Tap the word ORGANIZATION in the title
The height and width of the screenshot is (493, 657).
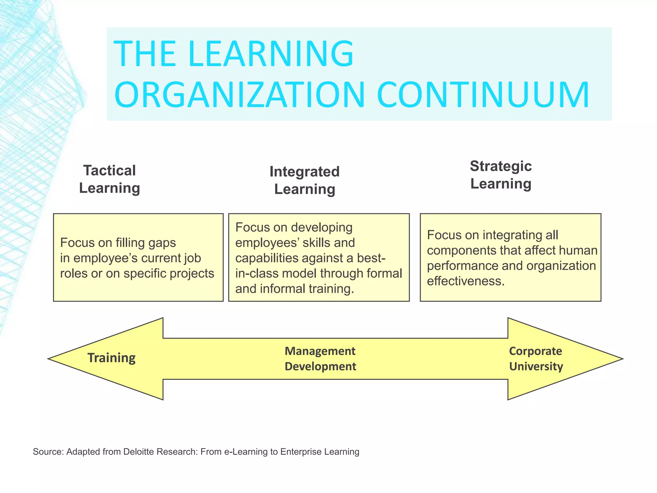coord(239,95)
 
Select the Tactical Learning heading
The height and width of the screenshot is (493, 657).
coord(109,179)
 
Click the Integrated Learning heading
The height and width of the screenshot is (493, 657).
coord(304,180)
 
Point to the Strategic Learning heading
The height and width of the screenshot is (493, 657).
coord(501,175)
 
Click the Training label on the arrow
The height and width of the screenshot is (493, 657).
coord(111,358)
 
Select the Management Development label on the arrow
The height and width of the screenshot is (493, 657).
coord(320,359)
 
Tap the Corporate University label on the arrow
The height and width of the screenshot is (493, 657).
coord(536,359)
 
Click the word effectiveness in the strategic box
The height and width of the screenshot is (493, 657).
coord(465,281)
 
